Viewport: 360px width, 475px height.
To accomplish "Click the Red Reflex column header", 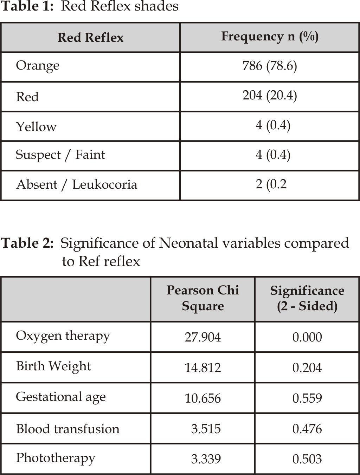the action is click(x=90, y=38).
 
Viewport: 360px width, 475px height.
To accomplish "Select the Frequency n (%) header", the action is click(x=270, y=37).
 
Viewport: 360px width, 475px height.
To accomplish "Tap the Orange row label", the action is click(x=38, y=66).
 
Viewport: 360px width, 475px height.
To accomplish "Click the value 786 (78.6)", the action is click(x=270, y=66).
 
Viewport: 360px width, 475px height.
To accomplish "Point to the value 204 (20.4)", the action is click(x=270, y=96).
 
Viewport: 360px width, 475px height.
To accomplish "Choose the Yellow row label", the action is click(x=36, y=126).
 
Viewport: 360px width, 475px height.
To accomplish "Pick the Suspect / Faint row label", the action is click(x=60, y=155).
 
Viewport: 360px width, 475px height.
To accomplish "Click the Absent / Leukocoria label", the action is click(x=77, y=185).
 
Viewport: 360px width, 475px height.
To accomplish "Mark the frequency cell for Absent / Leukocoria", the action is click(x=271, y=184).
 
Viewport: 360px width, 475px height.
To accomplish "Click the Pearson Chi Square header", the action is click(x=203, y=298).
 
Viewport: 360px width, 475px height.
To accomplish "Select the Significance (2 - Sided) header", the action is click(x=307, y=298).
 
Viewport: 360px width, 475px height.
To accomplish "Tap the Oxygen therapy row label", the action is click(x=63, y=337).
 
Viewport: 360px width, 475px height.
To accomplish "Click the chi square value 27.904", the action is click(x=203, y=337).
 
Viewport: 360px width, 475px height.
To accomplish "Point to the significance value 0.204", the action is click(x=307, y=368).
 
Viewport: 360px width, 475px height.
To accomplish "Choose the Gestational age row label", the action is click(x=61, y=398).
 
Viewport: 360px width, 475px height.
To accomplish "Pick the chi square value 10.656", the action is click(x=203, y=398).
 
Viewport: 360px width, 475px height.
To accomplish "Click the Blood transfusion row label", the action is click(x=68, y=429).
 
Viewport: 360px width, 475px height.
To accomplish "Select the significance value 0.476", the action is click(x=307, y=429).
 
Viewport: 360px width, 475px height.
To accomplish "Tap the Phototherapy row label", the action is click(x=56, y=458).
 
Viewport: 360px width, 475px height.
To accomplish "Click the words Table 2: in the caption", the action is click(x=27, y=243).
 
